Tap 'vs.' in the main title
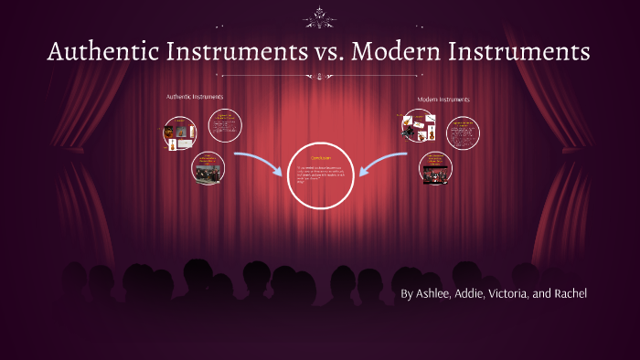320,52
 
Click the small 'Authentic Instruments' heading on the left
194,96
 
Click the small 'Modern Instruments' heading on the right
443,99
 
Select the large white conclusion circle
319,175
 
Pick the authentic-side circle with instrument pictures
180,133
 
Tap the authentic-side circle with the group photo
208,168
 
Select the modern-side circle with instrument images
418,126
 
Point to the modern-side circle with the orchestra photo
435,168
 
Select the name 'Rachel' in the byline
568,293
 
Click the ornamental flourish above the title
320,16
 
